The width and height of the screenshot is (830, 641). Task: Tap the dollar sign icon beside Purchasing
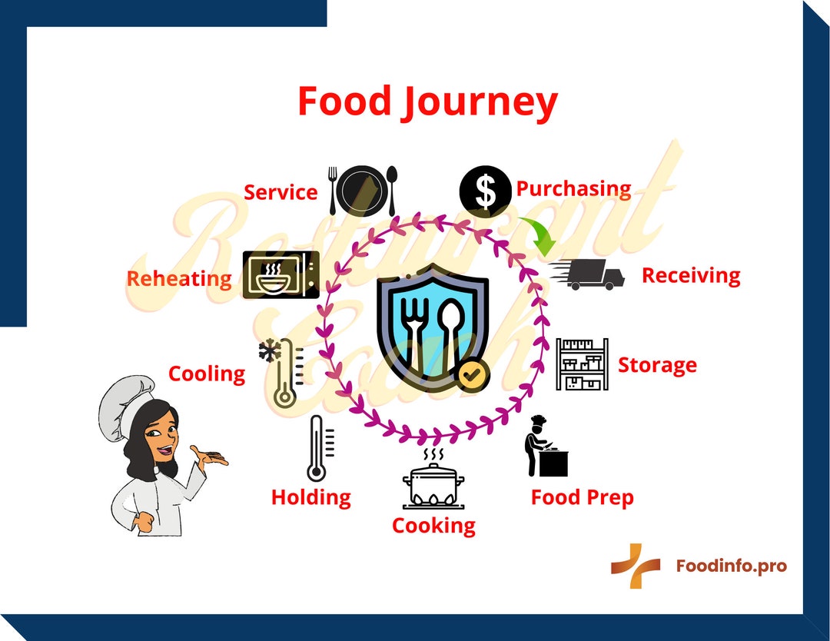coord(486,191)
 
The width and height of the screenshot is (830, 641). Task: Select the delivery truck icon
coord(586,274)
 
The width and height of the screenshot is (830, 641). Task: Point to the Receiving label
coord(691,276)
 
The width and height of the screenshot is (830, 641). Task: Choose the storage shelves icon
coord(583,364)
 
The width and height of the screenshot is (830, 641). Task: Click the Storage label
coord(657,366)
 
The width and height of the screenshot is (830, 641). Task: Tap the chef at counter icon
coord(546,446)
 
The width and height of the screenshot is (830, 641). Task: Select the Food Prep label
coord(583,498)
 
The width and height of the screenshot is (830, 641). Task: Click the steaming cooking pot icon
coord(433,479)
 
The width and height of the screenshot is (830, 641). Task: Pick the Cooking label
coord(433,526)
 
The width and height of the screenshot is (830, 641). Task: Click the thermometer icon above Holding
coord(320,448)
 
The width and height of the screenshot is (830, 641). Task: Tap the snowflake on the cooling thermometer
coord(270,351)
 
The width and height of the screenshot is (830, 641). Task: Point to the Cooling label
coord(207,374)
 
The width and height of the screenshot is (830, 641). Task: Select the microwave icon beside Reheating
coord(281,274)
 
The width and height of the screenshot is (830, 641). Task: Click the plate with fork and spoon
coord(363,191)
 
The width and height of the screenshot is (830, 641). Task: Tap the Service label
coord(281,192)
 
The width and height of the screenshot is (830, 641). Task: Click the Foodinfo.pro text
coord(731,566)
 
